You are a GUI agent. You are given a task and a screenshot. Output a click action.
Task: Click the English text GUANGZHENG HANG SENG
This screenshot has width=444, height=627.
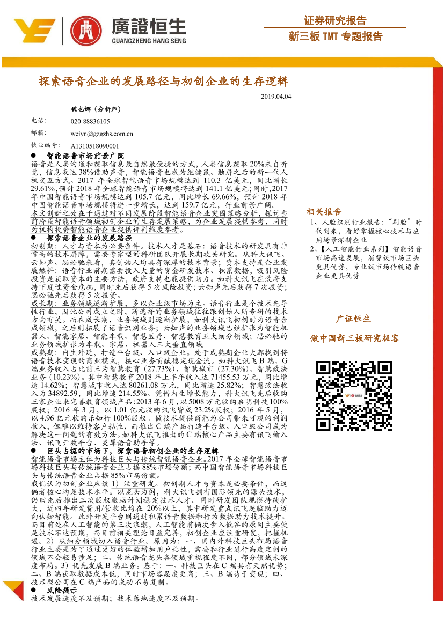pyautogui.click(x=148, y=40)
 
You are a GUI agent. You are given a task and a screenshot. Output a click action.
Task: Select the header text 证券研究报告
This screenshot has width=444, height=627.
pyautogui.click(x=335, y=21)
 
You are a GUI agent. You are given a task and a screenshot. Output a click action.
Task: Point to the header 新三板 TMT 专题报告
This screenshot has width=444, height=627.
pyautogui.click(x=336, y=36)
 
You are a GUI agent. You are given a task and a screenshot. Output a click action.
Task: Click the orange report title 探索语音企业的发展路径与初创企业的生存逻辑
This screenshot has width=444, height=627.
pyautogui.click(x=163, y=82)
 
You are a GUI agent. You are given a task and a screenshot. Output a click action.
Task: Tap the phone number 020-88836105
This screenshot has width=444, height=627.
pyautogui.click(x=90, y=122)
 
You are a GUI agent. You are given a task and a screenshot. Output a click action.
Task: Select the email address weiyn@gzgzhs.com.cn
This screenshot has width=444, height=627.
pyautogui.click(x=101, y=134)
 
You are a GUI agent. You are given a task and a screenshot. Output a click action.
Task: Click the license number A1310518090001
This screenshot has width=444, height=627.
pyautogui.click(x=95, y=145)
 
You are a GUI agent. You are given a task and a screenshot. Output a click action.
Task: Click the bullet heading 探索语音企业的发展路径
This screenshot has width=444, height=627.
pyautogui.click(x=89, y=237)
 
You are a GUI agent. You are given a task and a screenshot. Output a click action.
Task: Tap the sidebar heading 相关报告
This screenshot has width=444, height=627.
pyautogui.click(x=324, y=212)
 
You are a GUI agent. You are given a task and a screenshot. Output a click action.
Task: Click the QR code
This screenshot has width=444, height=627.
pyautogui.click(x=354, y=395)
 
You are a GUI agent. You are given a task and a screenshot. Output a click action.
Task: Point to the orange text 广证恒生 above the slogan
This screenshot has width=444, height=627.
pyautogui.click(x=353, y=319)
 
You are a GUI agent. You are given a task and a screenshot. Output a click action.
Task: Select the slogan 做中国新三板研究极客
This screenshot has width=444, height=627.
pyautogui.click(x=354, y=338)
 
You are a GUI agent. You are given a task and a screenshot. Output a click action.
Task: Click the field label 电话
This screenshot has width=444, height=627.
pyautogui.click(x=39, y=121)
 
